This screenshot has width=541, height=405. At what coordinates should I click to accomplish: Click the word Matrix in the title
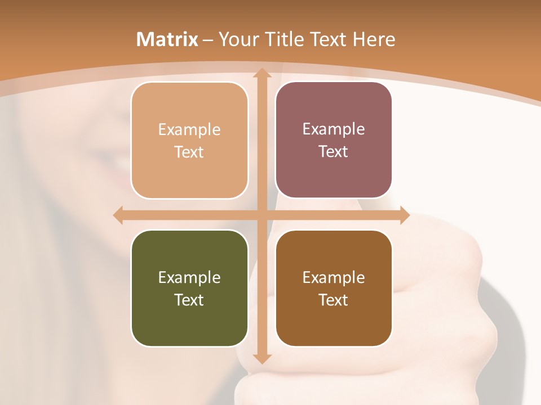point(167,39)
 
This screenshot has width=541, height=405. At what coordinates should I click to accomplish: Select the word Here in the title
point(374,39)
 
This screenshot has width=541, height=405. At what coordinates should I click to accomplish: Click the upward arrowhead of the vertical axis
point(261,74)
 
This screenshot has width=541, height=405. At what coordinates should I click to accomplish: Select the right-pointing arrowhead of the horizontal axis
point(405,215)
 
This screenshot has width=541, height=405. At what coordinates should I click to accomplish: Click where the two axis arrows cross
point(261,215)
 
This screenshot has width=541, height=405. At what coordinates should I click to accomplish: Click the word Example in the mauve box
point(334,129)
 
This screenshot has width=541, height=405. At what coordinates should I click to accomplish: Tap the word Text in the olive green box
point(189,300)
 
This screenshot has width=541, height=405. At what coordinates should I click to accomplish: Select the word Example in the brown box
point(334,277)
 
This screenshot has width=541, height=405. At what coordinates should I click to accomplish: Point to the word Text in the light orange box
point(189,152)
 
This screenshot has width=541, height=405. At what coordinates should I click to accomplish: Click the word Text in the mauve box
point(334,151)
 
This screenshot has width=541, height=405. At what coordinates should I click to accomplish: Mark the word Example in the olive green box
point(189,277)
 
